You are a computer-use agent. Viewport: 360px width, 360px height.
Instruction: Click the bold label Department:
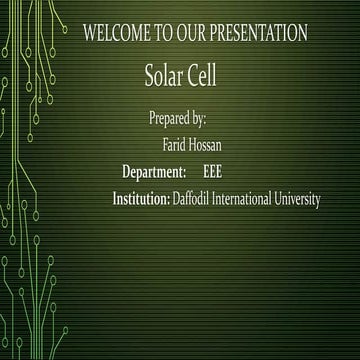pos(154,172)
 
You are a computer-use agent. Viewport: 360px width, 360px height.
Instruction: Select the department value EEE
pos(212,172)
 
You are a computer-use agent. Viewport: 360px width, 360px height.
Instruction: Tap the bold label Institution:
pos(141,200)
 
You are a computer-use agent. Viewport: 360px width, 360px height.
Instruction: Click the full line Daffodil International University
pos(246,200)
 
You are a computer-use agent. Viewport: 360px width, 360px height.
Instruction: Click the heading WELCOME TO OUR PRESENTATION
pos(195,33)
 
